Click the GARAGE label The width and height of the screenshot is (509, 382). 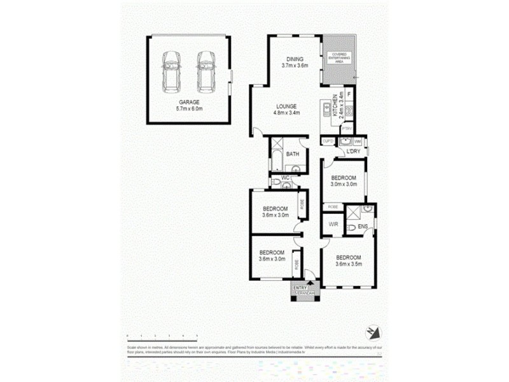point(190,102)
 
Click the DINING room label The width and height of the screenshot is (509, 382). point(295,59)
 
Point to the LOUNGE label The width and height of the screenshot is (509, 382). point(287,106)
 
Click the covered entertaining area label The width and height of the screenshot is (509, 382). point(336,58)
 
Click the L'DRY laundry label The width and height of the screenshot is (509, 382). point(354,152)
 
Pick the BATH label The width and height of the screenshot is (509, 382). point(293,155)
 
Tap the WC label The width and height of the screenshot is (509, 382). point(276,178)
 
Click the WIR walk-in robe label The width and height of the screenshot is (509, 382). point(333,225)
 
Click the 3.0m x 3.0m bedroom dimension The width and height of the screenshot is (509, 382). point(344,184)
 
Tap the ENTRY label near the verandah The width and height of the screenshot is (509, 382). point(300,288)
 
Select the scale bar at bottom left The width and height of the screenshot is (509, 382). point(162,334)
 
